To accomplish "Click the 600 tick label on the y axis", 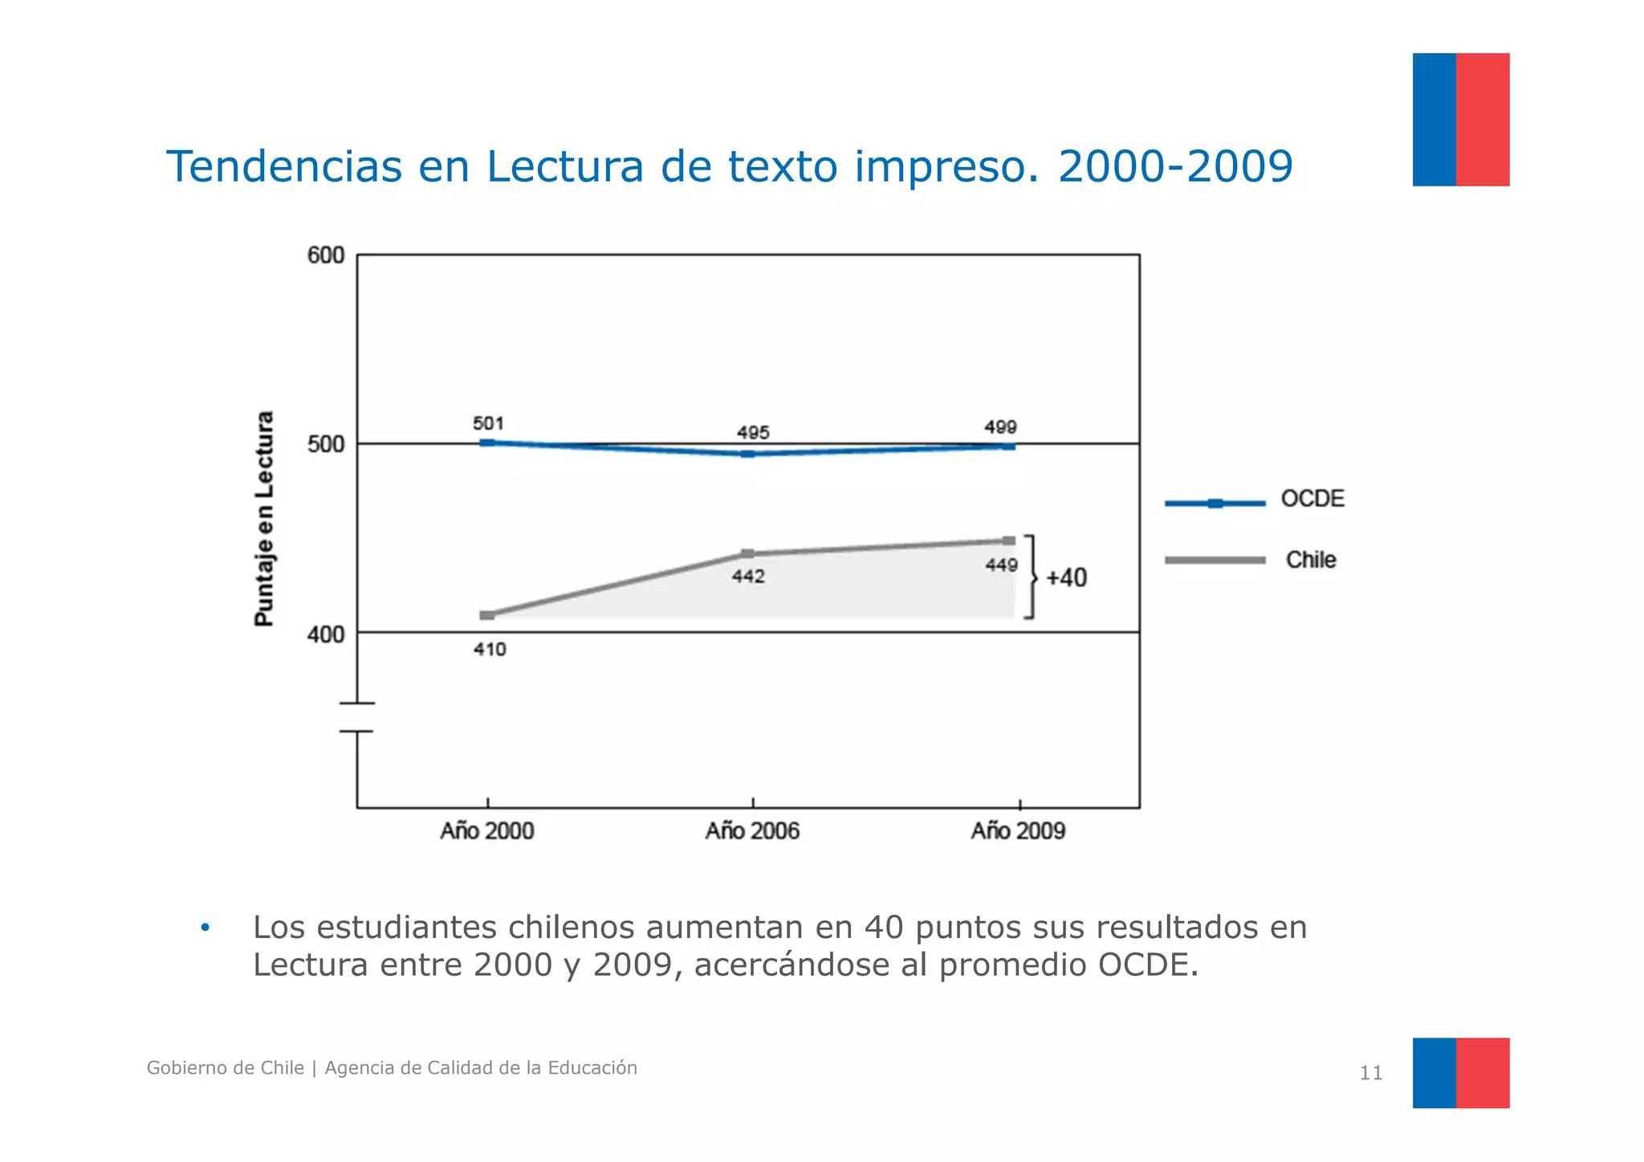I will [325, 255].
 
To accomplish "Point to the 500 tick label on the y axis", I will [325, 445].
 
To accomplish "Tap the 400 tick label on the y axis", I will [325, 635].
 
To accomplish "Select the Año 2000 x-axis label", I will [486, 830].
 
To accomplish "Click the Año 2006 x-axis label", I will [752, 830].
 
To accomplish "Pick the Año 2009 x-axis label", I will [1018, 830].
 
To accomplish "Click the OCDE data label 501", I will [488, 423].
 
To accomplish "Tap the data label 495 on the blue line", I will [753, 433].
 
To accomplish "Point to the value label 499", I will [1000, 427].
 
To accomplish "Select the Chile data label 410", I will [490, 649].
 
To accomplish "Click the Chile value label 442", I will [748, 577].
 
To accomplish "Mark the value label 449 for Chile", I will [1001, 565].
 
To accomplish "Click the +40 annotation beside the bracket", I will [1066, 577].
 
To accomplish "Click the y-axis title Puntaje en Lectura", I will [264, 518].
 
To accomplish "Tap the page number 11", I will [1370, 1073].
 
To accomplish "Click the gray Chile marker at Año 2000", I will [487, 615].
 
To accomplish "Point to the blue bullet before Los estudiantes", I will [205, 928].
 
